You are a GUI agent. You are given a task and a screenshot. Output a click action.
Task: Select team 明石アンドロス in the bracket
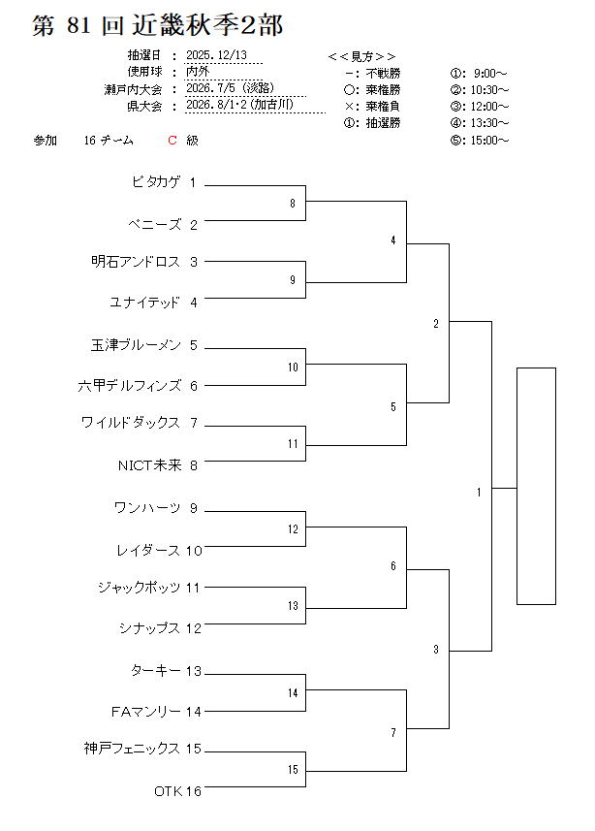[x=136, y=262]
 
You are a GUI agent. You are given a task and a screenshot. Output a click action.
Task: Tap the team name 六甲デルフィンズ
[x=130, y=385]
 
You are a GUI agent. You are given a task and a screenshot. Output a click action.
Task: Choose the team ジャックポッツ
[x=139, y=587]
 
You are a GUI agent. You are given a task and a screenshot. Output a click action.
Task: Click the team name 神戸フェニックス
[x=132, y=749]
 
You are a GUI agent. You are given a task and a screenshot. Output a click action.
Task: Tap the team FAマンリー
[x=145, y=711]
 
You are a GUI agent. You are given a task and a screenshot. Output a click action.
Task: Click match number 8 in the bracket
[x=292, y=204]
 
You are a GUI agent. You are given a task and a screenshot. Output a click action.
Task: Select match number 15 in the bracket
[x=292, y=770]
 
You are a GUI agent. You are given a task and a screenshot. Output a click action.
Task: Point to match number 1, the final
[x=479, y=493]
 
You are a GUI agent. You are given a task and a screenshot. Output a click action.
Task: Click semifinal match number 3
[x=436, y=649]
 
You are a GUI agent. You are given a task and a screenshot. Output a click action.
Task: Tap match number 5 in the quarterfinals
[x=392, y=407]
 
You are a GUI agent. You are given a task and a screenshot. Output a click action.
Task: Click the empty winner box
[x=548, y=486]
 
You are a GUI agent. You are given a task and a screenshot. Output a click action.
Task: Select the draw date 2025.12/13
[x=216, y=56]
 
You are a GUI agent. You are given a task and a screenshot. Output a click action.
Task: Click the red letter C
[x=172, y=141]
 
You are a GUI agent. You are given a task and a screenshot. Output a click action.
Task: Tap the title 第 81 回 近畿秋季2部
[x=157, y=26]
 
